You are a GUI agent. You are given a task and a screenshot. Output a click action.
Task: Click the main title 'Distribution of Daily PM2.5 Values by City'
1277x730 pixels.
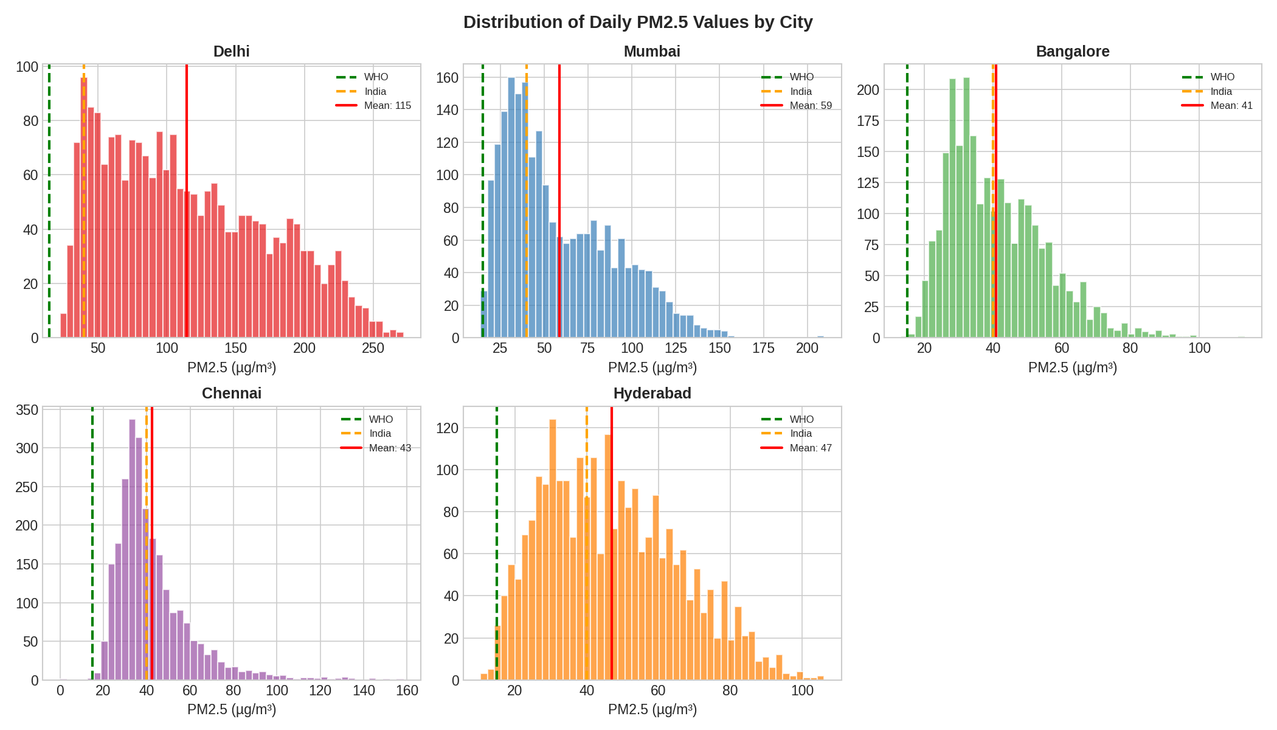click(638, 23)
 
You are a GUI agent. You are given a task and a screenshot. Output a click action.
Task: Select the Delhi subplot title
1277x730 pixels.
click(231, 52)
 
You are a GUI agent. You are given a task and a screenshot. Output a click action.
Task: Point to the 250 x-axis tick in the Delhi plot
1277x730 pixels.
click(373, 349)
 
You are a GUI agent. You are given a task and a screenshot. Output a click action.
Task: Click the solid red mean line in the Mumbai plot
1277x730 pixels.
click(559, 201)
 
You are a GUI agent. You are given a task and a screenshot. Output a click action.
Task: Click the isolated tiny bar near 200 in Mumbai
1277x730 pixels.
click(820, 336)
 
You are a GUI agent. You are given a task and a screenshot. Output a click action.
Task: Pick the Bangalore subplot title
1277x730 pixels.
click(1072, 52)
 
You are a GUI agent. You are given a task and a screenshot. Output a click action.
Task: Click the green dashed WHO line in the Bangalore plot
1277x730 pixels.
click(907, 201)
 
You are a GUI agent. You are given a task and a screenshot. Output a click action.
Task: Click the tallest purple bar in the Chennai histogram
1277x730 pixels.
click(132, 547)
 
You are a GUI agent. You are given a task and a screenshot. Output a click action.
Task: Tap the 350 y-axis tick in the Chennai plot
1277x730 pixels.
click(27, 410)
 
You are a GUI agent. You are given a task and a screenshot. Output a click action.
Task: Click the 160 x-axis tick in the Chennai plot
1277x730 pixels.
click(407, 691)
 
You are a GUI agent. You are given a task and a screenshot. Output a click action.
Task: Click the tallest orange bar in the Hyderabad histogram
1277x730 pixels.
click(553, 547)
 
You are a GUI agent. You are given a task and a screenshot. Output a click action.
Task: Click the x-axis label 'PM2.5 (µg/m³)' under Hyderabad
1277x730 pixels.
click(652, 710)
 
